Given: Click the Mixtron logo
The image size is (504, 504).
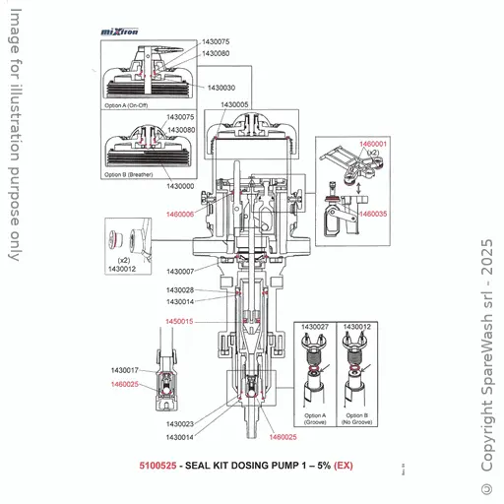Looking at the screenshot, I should (x=120, y=31).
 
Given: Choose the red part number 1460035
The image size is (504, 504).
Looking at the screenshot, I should (x=373, y=214).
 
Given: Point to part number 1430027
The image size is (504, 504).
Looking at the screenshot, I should (x=315, y=326).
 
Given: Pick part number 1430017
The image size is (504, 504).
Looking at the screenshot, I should (x=125, y=370).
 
